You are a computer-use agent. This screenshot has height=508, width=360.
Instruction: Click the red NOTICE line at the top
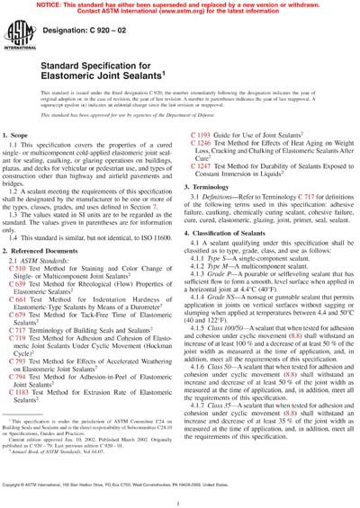pos(180,5)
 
